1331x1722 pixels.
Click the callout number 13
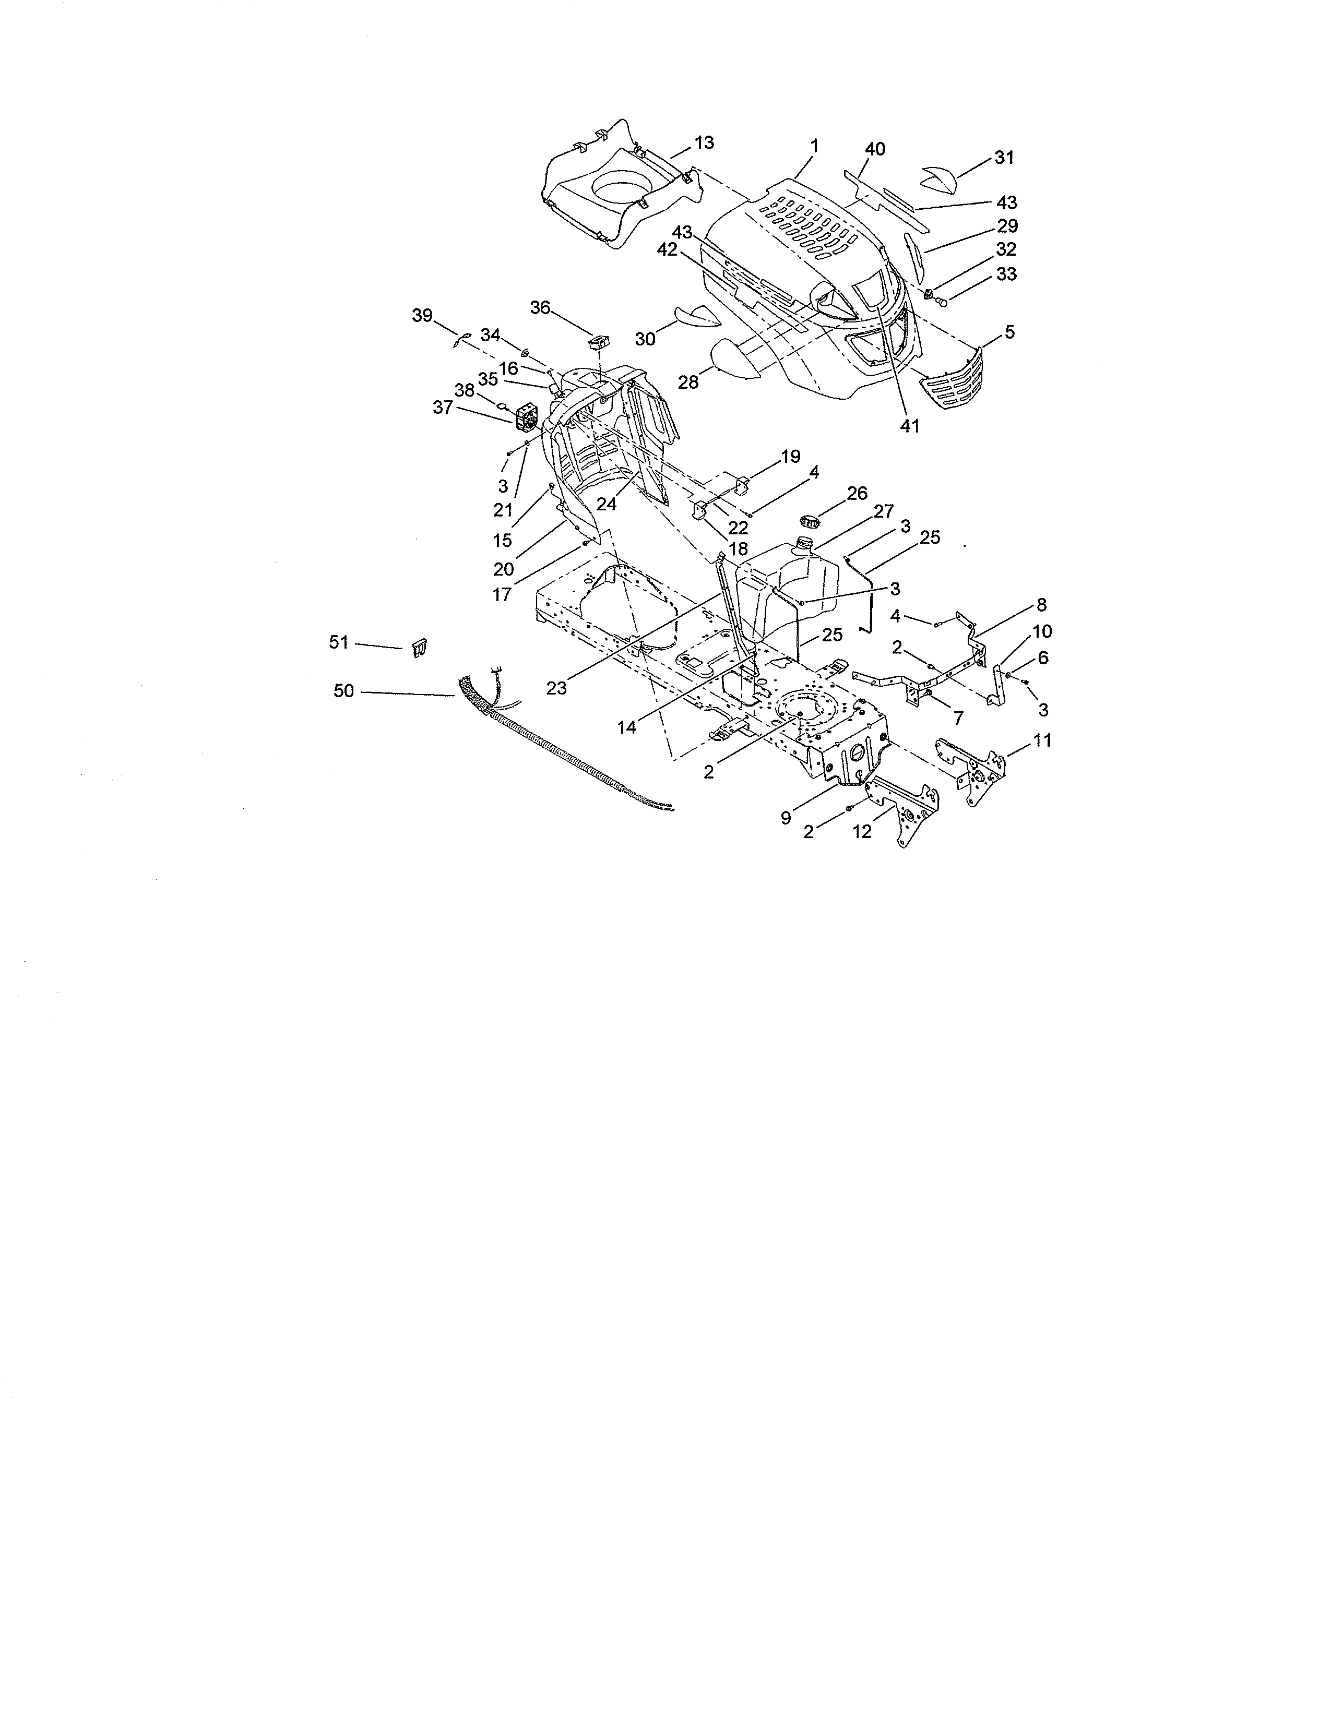pyautogui.click(x=704, y=142)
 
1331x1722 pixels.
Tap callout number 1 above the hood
pyautogui.click(x=814, y=146)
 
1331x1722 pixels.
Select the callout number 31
pyautogui.click(x=1003, y=158)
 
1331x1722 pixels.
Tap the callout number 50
pyautogui.click(x=344, y=691)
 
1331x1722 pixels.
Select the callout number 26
pyautogui.click(x=857, y=494)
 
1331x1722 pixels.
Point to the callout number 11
pyautogui.click(x=1042, y=740)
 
